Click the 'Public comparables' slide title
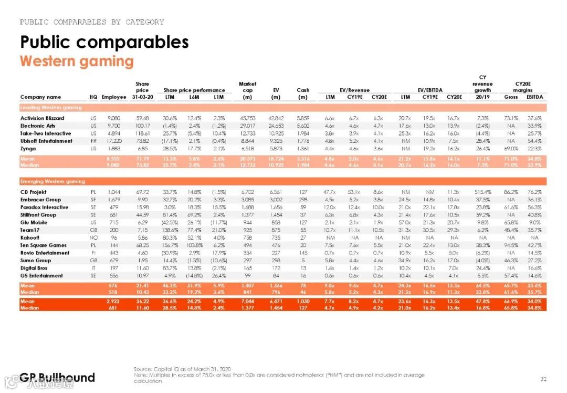click(x=104, y=42)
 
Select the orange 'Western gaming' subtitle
click(x=77, y=61)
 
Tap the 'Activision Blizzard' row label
click(x=42, y=118)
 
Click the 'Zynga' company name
click(x=28, y=149)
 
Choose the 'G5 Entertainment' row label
click(x=41, y=275)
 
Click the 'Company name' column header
click(x=40, y=97)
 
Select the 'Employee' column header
click(x=114, y=97)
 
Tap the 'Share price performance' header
click(x=194, y=90)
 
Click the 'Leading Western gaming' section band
click(x=51, y=108)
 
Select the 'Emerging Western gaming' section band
click(x=52, y=182)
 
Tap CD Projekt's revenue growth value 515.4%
click(x=482, y=192)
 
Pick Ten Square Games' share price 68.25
click(x=142, y=245)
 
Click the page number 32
click(x=543, y=379)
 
